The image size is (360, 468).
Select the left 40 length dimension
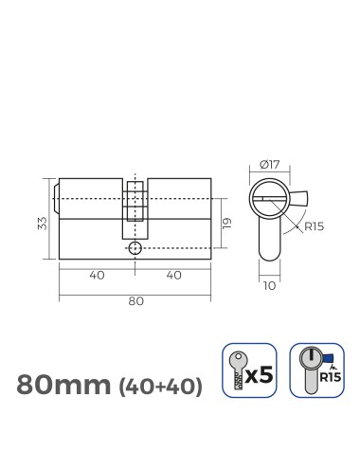click(96, 277)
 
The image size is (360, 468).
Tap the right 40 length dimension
click(172, 277)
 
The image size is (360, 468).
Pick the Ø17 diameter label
click(271, 166)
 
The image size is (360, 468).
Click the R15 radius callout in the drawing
click(315, 227)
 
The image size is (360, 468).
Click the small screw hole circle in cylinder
click(135, 248)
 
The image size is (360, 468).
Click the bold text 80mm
click(63, 385)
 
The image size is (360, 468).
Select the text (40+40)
click(158, 387)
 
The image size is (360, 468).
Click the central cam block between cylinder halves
click(135, 208)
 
